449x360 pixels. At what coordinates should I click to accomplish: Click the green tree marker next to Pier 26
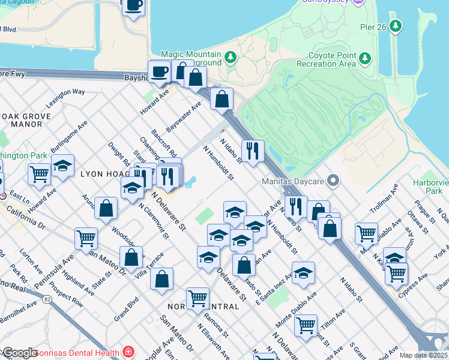tap(395, 26)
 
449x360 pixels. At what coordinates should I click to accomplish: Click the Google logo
tap(20, 353)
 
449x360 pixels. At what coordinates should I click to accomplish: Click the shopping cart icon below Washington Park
tap(39, 174)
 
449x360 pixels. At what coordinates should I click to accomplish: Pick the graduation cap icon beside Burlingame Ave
tap(62, 166)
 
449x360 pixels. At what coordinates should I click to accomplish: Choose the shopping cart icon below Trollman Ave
tap(366, 233)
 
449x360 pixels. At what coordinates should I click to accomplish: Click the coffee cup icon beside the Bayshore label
tap(160, 72)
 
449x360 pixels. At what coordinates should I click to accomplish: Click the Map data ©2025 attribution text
tap(423, 355)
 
